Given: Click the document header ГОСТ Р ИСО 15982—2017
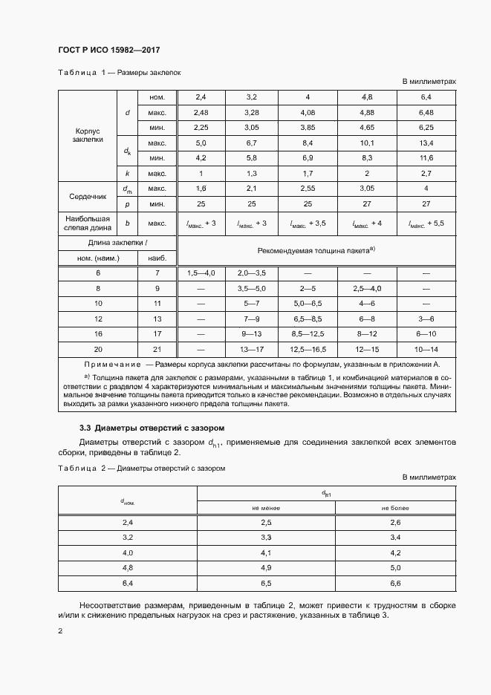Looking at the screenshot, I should [108, 50].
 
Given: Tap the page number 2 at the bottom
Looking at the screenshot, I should [60, 631].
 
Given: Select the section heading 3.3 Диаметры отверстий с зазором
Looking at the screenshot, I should [152, 428].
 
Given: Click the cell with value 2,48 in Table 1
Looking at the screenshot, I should [201, 113].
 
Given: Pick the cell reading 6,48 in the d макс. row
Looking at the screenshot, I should [426, 113].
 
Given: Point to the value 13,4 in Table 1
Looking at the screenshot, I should [426, 143].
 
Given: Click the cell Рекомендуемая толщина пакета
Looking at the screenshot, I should [315, 251].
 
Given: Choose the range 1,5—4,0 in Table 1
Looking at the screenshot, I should [201, 273].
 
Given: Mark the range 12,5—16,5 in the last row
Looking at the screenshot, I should [308, 349].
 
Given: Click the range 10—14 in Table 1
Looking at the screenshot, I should [426, 349].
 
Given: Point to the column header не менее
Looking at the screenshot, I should [265, 508].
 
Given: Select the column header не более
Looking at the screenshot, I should [395, 508].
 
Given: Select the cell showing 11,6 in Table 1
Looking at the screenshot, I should [426, 158].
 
